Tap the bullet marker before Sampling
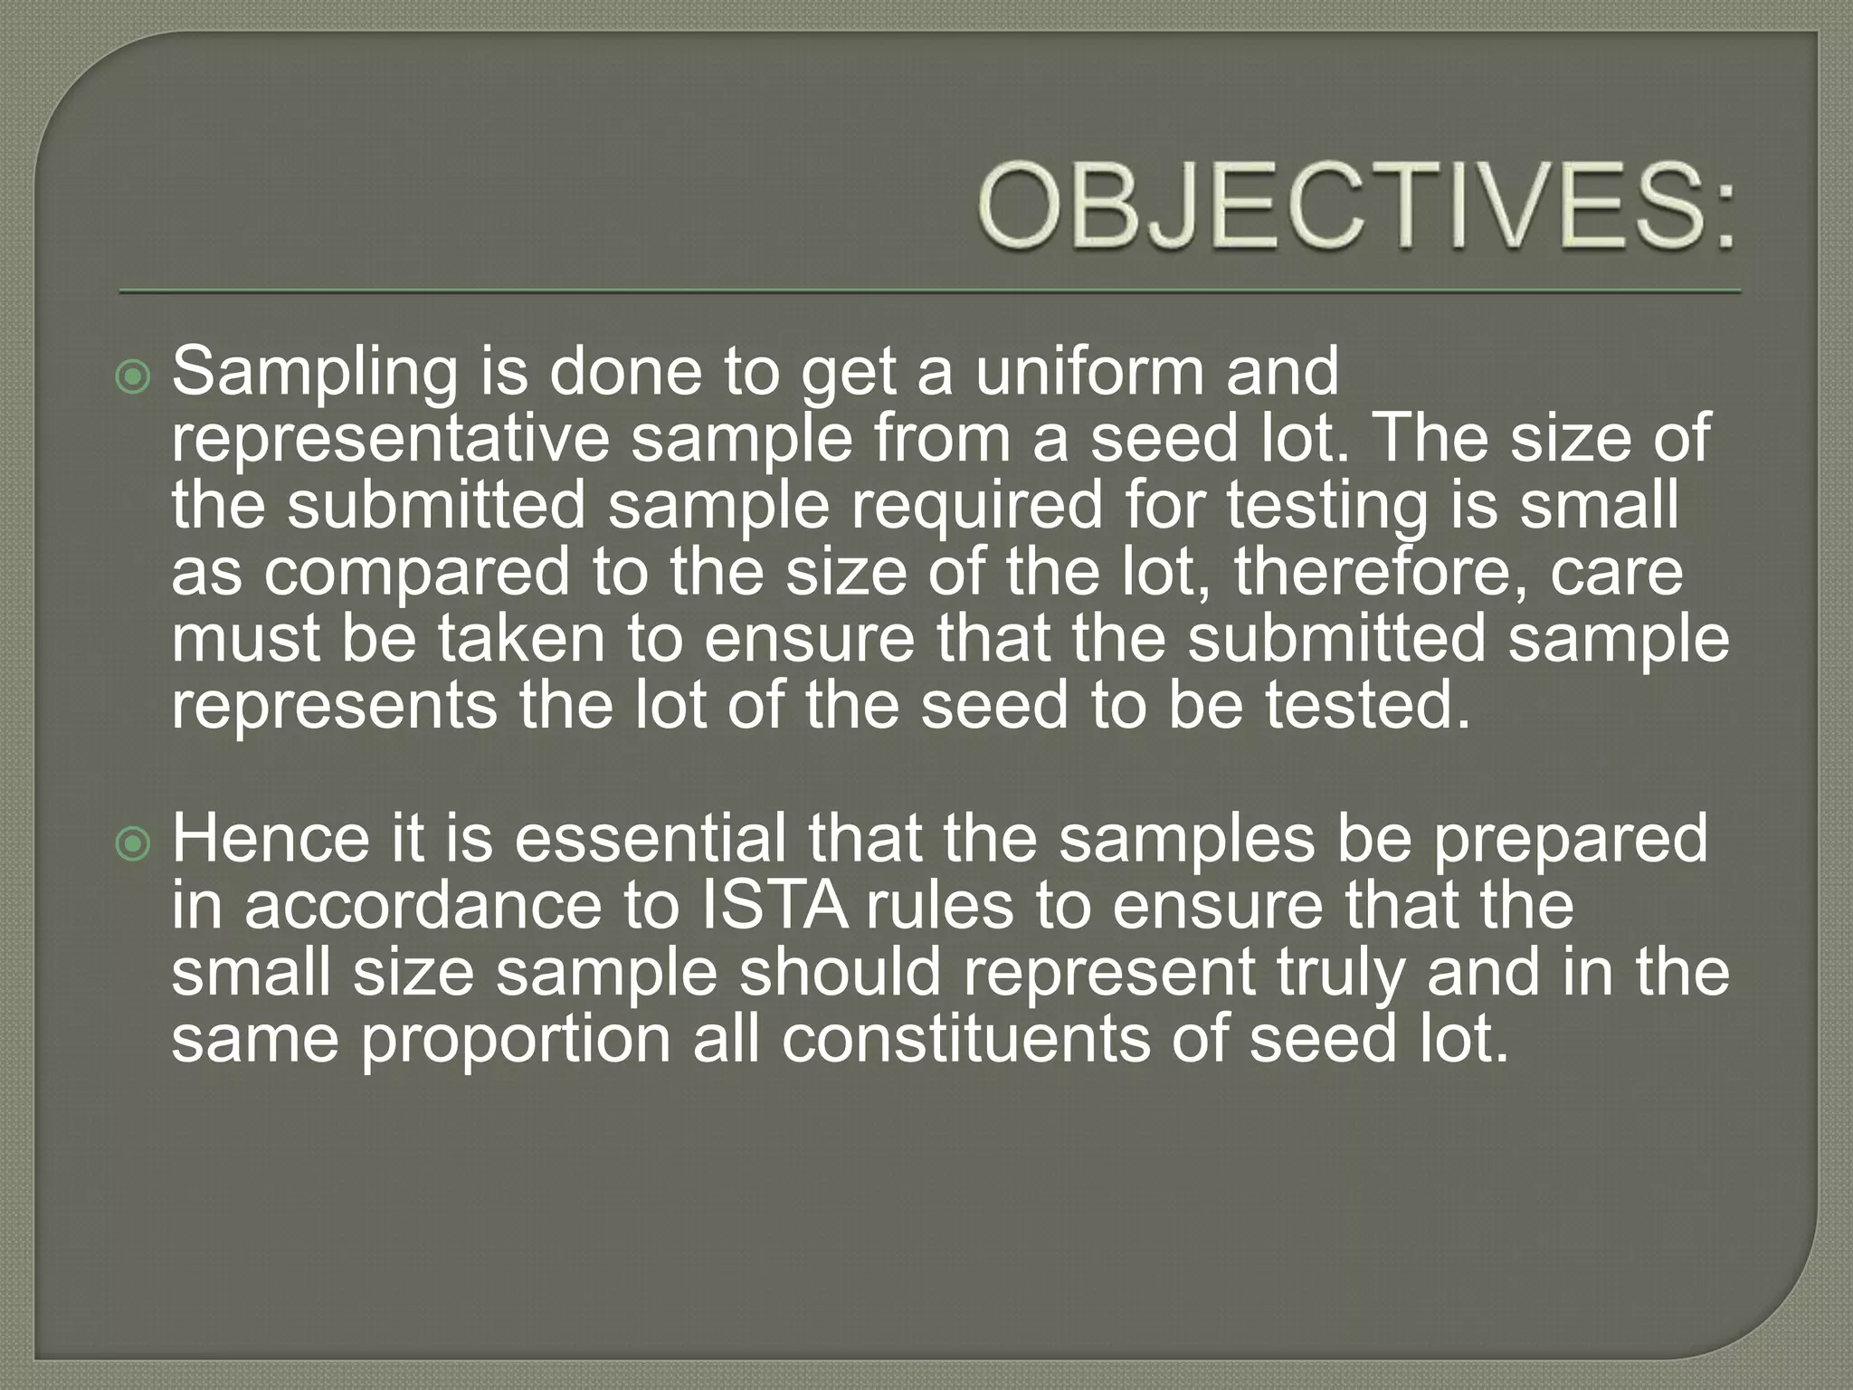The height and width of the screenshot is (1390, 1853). pos(134,377)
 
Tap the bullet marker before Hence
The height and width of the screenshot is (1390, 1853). pos(134,844)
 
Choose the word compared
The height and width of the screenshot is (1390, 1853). pos(417,574)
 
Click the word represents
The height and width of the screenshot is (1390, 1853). pos(335,706)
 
